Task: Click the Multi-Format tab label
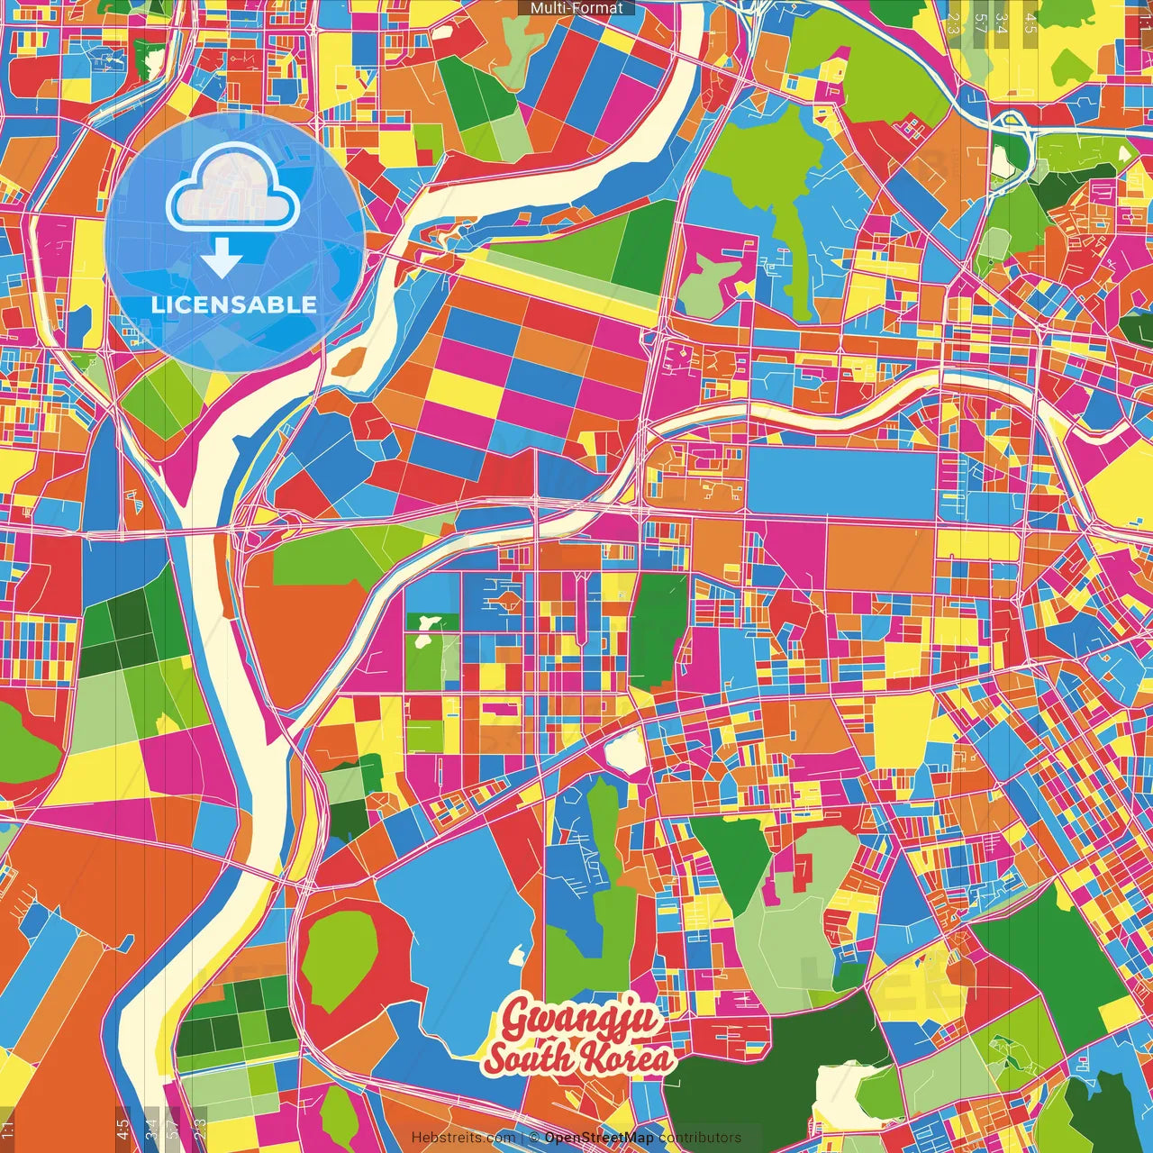[x=576, y=8]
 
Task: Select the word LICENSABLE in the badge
[x=234, y=304]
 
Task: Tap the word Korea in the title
[x=626, y=1058]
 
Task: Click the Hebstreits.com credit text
[x=463, y=1138]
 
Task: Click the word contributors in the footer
[x=699, y=1138]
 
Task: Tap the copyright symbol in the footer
[x=534, y=1138]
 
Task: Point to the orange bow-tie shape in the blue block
[x=506, y=600]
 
